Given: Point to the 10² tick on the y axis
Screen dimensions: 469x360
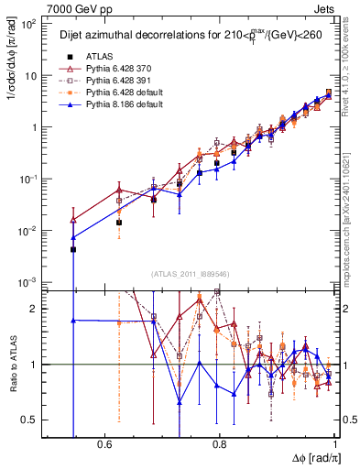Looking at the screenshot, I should [29, 24].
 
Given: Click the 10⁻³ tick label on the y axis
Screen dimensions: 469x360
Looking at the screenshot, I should [29, 282].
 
